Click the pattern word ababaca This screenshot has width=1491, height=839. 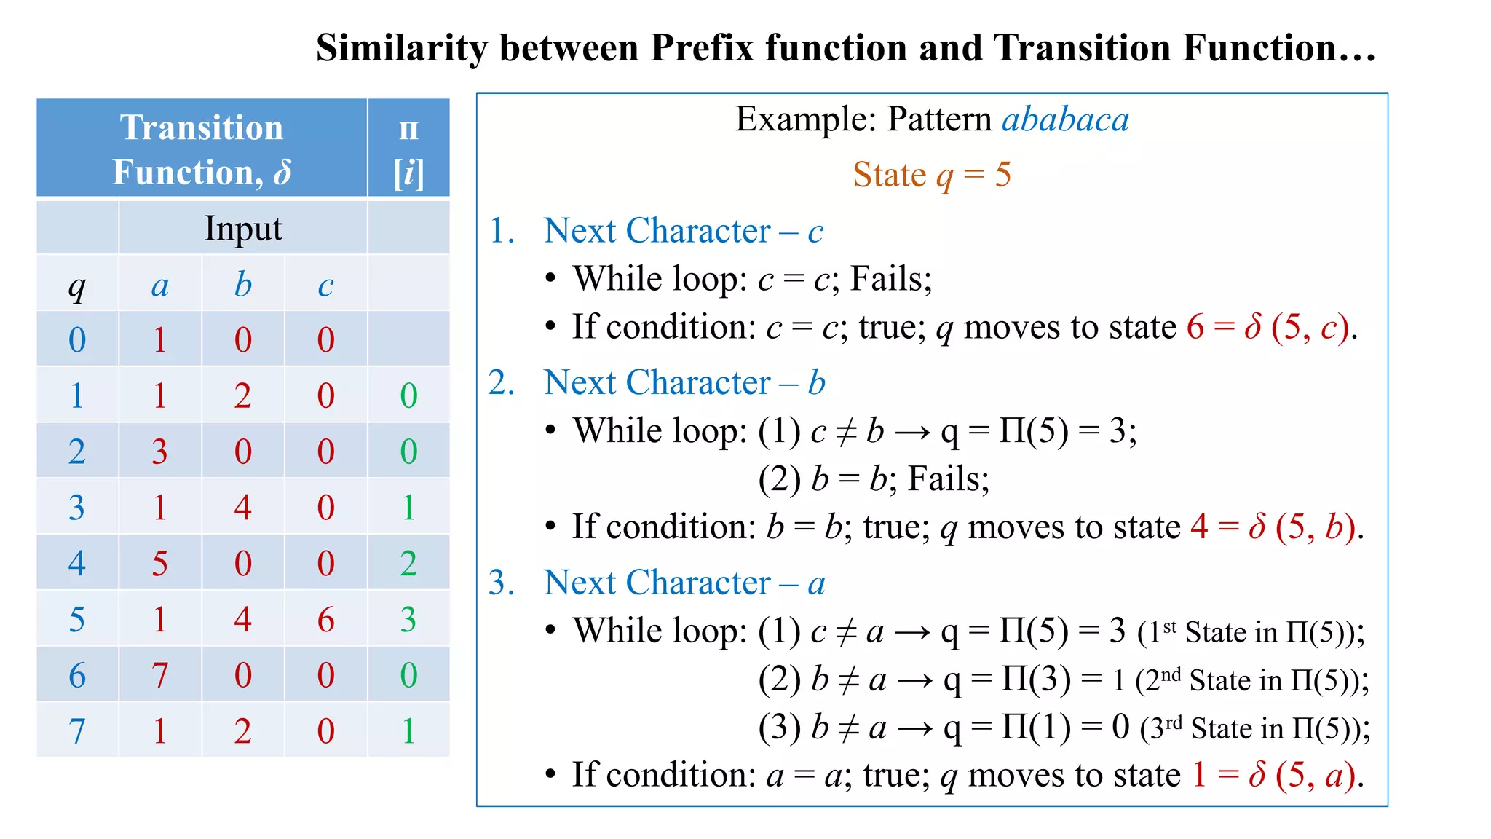[1065, 119]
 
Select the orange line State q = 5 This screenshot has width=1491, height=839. [931, 175]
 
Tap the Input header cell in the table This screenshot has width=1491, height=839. [242, 228]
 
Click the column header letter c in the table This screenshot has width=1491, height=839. [325, 285]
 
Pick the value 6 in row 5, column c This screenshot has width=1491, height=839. [325, 619]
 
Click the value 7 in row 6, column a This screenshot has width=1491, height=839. [160, 675]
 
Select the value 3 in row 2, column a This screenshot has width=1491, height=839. [160, 452]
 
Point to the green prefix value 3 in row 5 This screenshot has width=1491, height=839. [408, 619]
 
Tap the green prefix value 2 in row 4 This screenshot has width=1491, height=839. [408, 564]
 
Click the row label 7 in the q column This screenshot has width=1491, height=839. [77, 730]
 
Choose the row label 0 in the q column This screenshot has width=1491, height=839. [77, 340]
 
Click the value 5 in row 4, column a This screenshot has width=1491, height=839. [160, 564]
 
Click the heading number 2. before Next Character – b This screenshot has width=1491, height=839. [502, 382]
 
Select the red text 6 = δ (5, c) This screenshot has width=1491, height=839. [1270, 327]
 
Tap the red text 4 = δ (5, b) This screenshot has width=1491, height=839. [1274, 527]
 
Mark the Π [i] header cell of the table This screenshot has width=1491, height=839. [408, 149]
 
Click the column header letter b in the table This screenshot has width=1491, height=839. [243, 285]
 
